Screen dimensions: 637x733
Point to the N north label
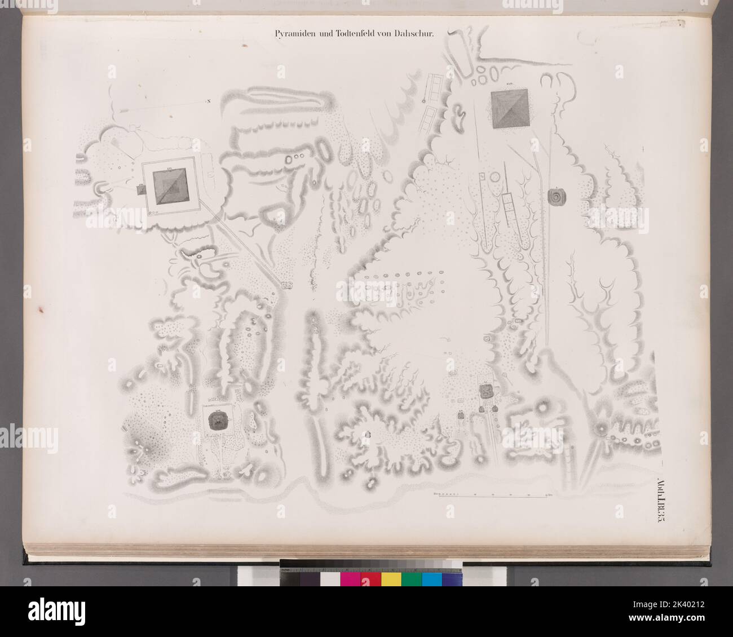coord(208,101)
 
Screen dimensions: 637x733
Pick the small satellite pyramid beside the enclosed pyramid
coord(140,190)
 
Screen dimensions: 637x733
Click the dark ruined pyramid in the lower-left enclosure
coord(218,419)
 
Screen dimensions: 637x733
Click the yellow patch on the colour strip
coord(391,580)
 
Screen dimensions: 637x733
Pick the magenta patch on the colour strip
coord(350,580)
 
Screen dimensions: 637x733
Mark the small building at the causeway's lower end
coord(286,285)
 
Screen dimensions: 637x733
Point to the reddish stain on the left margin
coord(41,308)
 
